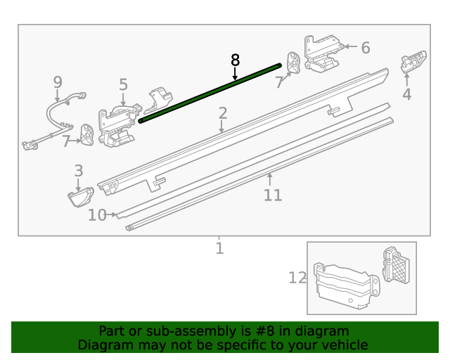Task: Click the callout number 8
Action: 236,60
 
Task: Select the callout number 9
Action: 58,83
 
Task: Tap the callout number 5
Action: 123,85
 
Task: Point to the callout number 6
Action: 365,48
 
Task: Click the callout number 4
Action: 407,94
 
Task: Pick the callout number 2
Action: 222,112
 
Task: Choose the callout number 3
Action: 78,170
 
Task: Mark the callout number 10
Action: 97,215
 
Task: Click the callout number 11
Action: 272,195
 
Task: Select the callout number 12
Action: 297,278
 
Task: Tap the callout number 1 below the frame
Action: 219,248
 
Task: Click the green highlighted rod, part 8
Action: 211,92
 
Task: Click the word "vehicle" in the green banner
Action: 342,345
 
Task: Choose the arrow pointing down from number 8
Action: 236,72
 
